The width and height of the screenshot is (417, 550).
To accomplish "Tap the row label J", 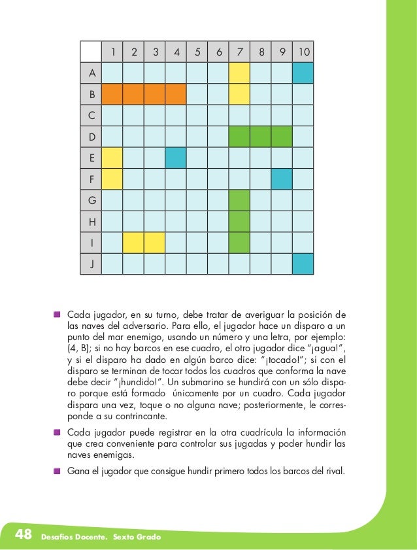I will coord(92,264).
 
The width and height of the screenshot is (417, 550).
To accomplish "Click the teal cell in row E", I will coord(176,158).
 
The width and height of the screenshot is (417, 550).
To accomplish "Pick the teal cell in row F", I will coord(282,179).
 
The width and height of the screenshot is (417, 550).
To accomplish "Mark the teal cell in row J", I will coord(303,264).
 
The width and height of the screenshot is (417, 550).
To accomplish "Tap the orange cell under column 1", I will coord(112,94).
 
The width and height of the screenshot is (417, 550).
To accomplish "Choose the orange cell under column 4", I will coord(176,94).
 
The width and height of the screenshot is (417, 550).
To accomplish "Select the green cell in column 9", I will coord(282,137).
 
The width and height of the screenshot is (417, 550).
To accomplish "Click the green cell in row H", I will coord(239,221).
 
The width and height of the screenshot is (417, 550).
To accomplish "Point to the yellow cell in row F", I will coord(112,179).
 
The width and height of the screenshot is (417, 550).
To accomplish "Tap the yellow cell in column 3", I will coord(154,243).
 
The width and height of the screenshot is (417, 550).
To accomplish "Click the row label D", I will coord(92,137).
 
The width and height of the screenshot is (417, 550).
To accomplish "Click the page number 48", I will coord(24,535).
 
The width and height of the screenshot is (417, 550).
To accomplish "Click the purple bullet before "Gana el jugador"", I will coord(58,470).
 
